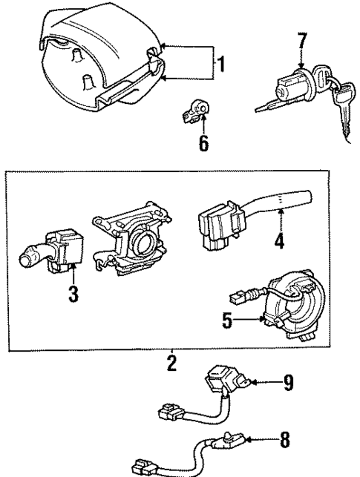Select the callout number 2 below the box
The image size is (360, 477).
click(x=172, y=364)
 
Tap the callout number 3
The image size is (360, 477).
click(x=73, y=293)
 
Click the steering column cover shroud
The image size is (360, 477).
click(x=96, y=59)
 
